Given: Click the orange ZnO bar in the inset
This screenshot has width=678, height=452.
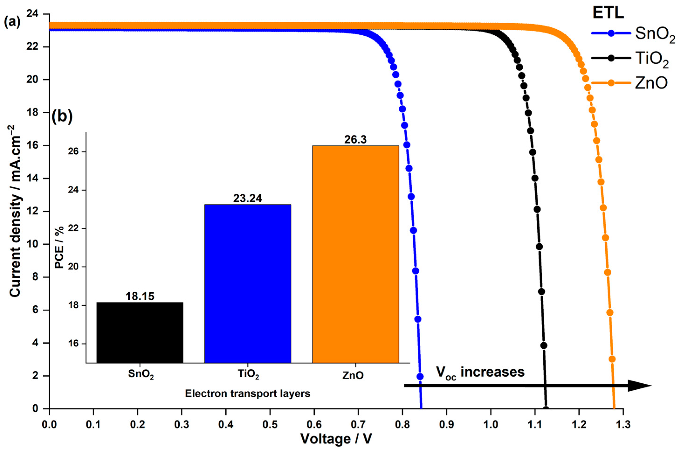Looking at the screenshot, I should [355, 254].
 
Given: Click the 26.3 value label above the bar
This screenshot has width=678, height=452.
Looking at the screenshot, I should [355, 140].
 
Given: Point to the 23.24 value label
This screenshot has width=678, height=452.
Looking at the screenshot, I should [247, 198].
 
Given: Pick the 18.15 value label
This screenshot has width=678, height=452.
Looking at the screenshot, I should [140, 296].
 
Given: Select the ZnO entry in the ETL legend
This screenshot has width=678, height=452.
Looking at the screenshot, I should [651, 83].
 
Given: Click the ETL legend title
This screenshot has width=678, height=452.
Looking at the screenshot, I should [608, 13].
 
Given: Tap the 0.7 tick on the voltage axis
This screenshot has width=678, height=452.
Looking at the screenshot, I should [358, 425].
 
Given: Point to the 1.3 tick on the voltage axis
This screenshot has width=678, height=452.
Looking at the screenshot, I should [623, 425].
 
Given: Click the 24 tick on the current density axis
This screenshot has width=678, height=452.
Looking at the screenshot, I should [34, 14].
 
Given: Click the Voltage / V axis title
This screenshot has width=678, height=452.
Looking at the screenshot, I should [336, 439].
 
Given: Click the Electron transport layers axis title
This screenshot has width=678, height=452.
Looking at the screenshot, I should [247, 393].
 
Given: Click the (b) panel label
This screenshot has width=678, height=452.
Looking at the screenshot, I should [62, 117].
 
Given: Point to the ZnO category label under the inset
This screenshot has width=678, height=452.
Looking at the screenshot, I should [353, 375].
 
